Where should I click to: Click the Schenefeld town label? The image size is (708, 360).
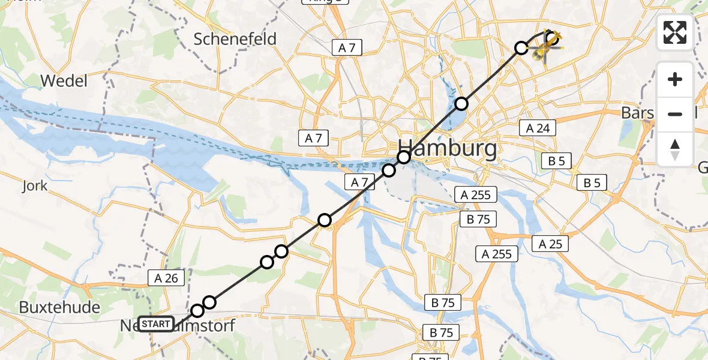pyautogui.click(x=235, y=40)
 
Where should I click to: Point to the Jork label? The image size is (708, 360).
pyautogui.click(x=34, y=186)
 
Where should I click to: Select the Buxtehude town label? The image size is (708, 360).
pyautogui.click(x=59, y=308)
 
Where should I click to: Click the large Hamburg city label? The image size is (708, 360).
pyautogui.click(x=446, y=148)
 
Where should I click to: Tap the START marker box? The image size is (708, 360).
pyautogui.click(x=156, y=325)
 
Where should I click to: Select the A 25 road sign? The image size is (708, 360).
pyautogui.click(x=550, y=244)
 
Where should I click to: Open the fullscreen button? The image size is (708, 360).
pyautogui.click(x=675, y=32)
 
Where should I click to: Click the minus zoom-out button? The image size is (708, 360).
pyautogui.click(x=675, y=114)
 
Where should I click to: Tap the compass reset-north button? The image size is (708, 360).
pyautogui.click(x=675, y=149)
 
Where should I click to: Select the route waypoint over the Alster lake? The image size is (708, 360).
pyautogui.click(x=461, y=104)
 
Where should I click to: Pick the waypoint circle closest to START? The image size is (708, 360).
pyautogui.click(x=197, y=311)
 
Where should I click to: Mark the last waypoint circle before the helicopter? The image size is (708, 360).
pyautogui.click(x=521, y=48)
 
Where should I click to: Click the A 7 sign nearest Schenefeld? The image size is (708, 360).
pyautogui.click(x=347, y=48)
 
